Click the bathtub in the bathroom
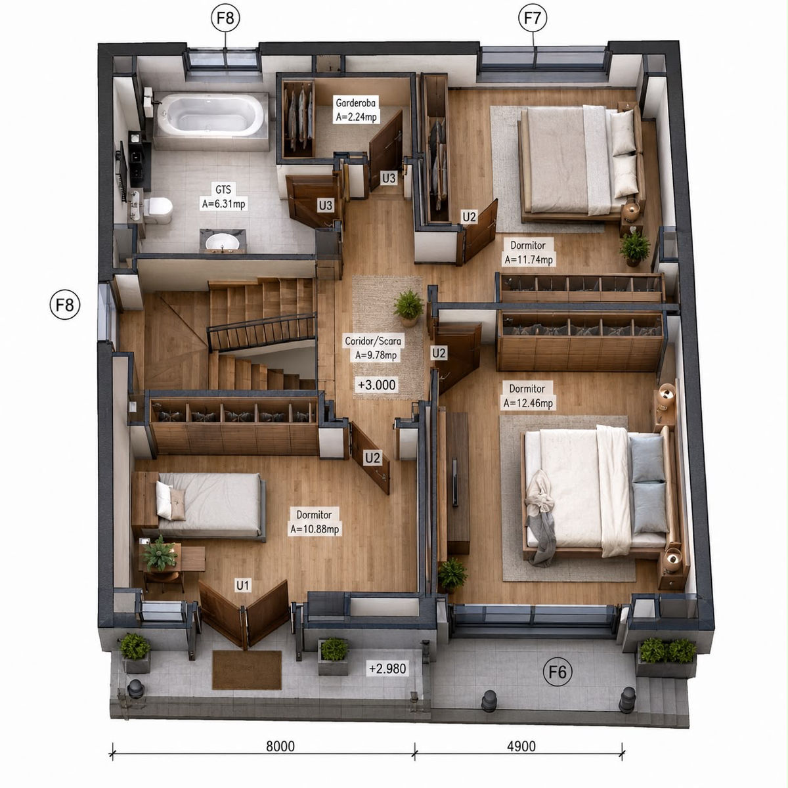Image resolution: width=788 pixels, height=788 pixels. click(211, 115)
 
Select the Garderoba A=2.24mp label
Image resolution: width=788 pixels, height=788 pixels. click(356, 110)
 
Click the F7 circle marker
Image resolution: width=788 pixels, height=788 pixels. click(533, 18)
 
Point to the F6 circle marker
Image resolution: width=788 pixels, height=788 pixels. click(558, 672)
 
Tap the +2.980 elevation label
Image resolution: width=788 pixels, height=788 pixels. click(387, 668)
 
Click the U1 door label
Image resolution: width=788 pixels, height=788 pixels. click(242, 586)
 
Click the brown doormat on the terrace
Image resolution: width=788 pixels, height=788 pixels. click(247, 669)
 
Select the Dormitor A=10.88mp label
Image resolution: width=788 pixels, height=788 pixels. click(315, 522)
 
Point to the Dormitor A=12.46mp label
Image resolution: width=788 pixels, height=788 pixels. click(527, 395)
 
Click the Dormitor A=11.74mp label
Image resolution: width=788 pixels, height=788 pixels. click(529, 252)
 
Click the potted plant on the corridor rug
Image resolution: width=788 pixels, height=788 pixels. click(408, 307)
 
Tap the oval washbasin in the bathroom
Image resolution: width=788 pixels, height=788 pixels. click(222, 242)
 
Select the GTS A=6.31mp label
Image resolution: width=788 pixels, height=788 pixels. click(223, 197)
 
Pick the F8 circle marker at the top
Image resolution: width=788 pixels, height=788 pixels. click(225, 18)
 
